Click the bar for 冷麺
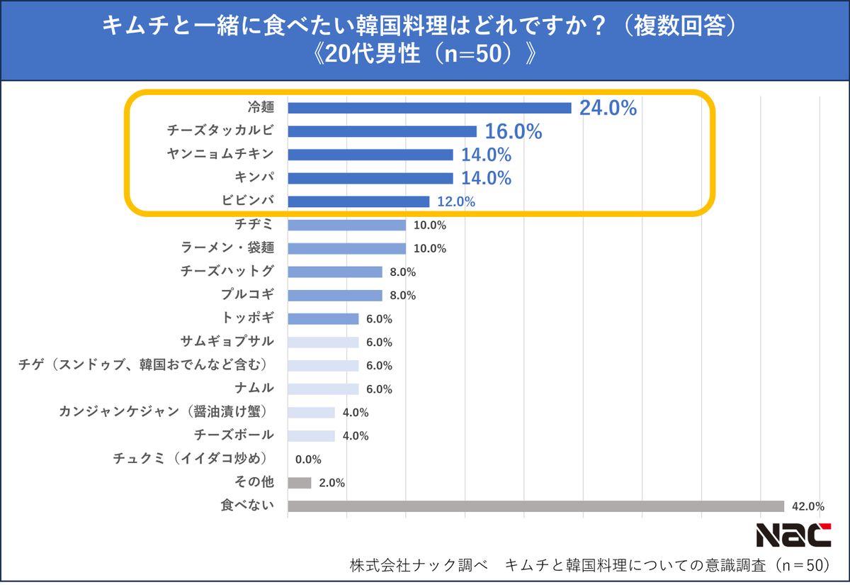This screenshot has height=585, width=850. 429,108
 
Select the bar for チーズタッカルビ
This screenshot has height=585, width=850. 382,131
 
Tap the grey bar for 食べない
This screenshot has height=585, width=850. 535,506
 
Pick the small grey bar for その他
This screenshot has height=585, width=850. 300,483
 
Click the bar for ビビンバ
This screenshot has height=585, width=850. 358,201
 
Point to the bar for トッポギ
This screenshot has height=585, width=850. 323,318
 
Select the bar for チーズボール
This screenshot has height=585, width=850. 312,435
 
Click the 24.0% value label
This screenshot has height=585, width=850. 608,108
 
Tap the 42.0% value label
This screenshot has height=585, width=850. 807,506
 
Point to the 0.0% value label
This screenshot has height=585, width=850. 308,459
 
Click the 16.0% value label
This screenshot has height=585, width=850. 513,132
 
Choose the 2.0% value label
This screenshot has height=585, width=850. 331,483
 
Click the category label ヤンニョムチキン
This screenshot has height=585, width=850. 220,155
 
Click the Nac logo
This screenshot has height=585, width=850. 793,535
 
